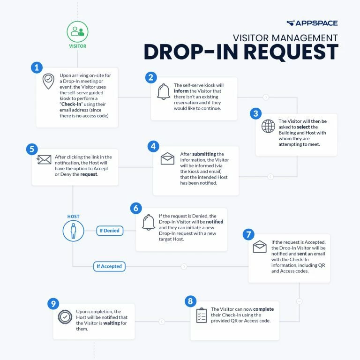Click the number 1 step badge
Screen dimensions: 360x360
pyautogui.click(x=37, y=67)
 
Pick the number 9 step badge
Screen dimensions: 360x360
pyautogui.click(x=53, y=304)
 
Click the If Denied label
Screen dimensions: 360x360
pyautogui.click(x=109, y=231)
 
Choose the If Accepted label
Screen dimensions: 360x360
pyautogui.click(x=109, y=266)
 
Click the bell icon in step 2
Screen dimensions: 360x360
pyautogui.click(x=164, y=92)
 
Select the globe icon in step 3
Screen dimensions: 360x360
pyautogui.click(x=268, y=127)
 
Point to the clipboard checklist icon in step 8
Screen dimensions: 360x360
pyautogui.click(x=202, y=315)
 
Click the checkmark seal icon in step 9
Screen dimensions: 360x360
pyautogui.click(x=64, y=317)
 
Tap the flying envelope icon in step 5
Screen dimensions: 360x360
pyautogui.click(x=44, y=160)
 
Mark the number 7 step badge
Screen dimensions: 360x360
pyautogui.click(x=249, y=234)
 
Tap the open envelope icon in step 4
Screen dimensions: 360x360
pyautogui.click(x=167, y=159)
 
